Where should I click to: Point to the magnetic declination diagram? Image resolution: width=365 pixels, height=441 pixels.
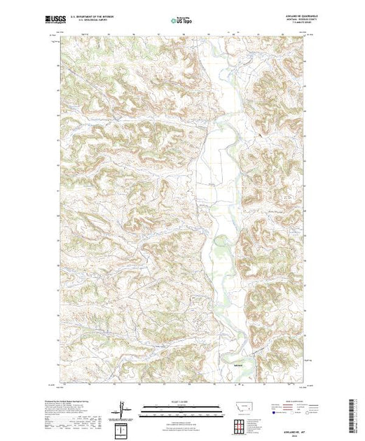[123, 408]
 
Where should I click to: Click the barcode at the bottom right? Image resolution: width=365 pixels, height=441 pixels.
[352, 409]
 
